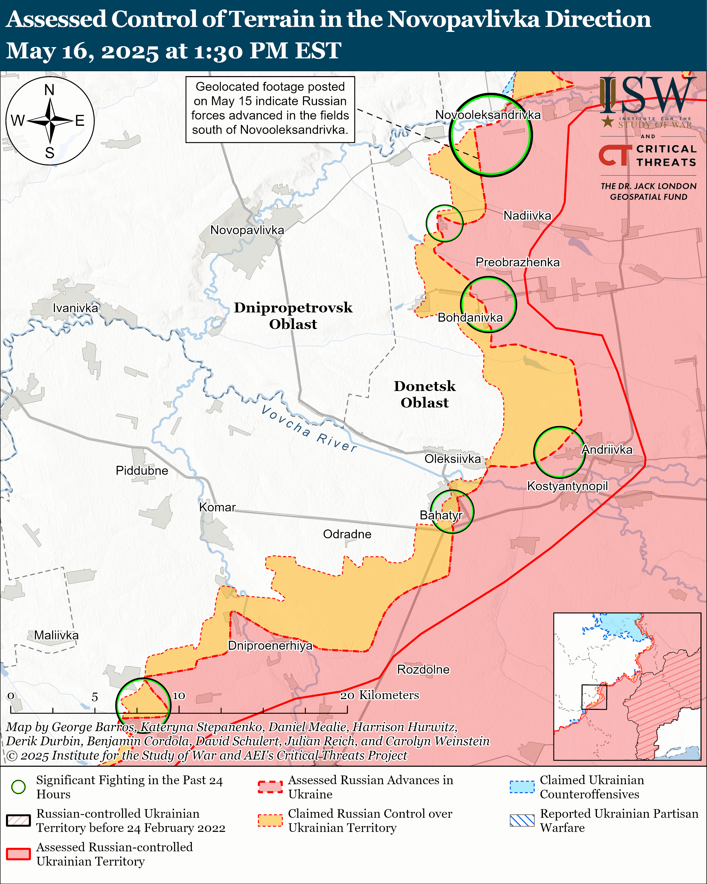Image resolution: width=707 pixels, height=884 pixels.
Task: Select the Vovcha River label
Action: click(309, 428)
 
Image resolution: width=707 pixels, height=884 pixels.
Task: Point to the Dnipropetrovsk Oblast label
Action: click(293, 316)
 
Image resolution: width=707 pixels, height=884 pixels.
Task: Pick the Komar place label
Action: click(217, 507)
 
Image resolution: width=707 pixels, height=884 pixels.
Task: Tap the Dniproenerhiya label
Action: click(270, 646)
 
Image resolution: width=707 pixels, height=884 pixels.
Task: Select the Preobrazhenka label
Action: click(517, 262)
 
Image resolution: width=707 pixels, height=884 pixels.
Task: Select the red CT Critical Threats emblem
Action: click(615, 155)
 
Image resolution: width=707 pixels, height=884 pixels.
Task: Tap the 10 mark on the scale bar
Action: click(179, 696)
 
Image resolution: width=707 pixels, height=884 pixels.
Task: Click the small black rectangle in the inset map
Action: click(594, 697)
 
